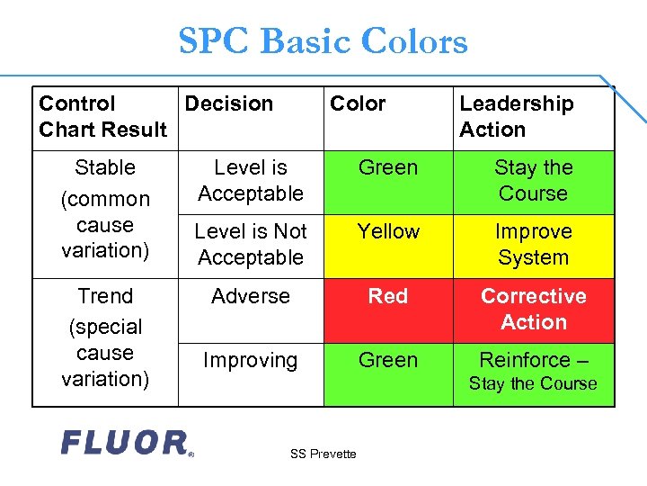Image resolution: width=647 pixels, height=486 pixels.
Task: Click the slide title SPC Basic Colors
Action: [323, 41]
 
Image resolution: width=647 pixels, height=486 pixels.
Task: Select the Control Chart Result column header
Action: [102, 117]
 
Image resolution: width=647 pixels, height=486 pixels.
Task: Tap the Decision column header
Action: [228, 104]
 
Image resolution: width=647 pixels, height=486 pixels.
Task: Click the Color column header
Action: [358, 104]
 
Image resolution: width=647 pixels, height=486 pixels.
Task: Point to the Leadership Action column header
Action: [516, 117]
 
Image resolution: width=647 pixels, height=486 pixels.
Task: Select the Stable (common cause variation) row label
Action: [105, 209]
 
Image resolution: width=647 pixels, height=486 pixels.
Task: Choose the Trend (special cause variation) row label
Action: [105, 337]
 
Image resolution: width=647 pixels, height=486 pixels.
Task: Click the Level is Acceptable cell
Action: [251, 181]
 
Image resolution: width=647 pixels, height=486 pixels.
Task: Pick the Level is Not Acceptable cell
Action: [251, 245]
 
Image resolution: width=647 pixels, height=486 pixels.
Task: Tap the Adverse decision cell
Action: [251, 297]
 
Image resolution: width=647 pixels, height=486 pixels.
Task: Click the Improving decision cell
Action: [251, 361]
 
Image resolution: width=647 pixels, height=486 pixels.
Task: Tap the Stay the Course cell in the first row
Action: [533, 181]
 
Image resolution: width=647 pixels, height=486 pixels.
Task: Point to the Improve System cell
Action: [533, 245]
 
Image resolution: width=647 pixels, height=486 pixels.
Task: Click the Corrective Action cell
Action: [533, 310]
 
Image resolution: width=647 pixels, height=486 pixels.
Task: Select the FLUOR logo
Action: [126, 443]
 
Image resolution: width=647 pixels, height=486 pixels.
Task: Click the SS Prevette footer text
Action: [323, 454]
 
